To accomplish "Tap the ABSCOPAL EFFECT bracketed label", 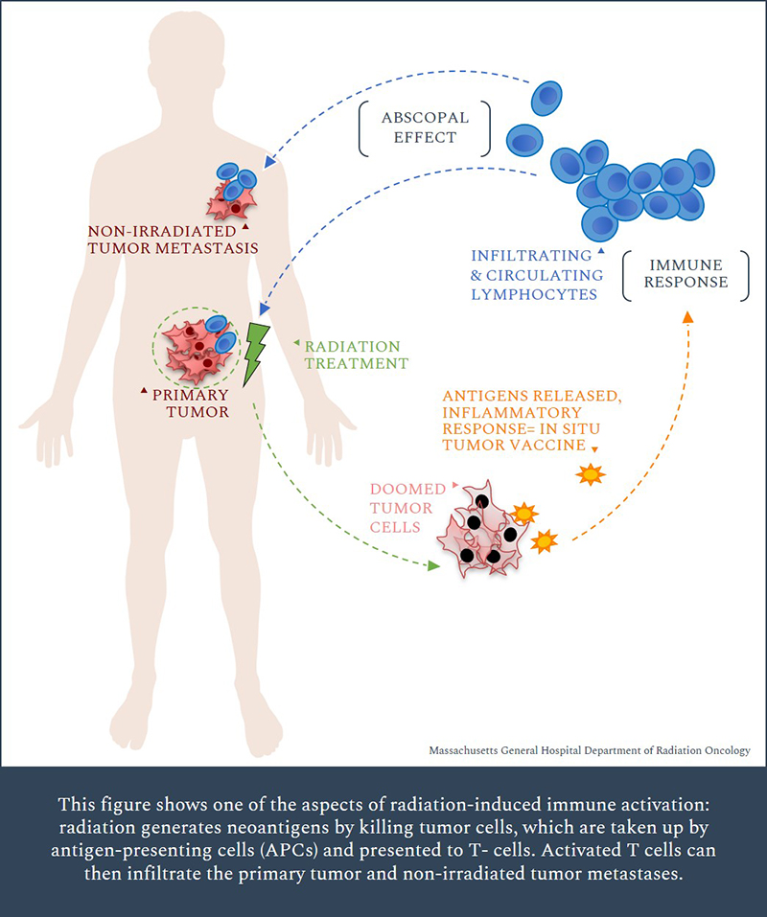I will point(425,127).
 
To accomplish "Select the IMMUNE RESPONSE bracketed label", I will point(686,273).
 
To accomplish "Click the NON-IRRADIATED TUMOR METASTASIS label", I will point(174,240).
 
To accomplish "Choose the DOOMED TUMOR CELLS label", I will point(401,508).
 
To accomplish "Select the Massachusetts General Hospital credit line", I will point(589,751).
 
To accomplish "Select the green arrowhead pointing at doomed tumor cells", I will point(433,565).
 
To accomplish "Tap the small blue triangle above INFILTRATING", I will point(601,249).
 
